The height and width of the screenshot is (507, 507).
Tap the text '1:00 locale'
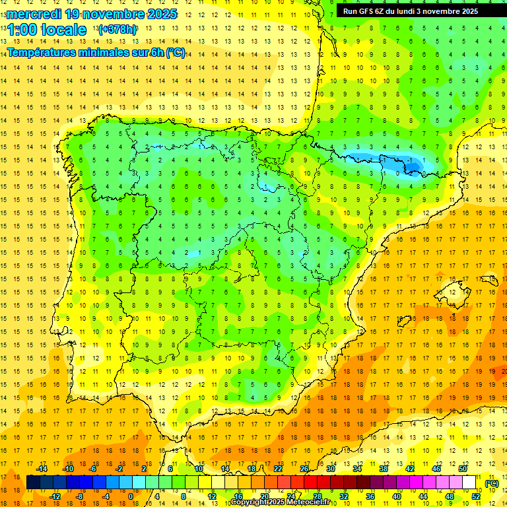(47, 30)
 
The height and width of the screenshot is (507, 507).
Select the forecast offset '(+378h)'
(118, 30)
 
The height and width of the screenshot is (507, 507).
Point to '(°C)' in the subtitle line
(176, 52)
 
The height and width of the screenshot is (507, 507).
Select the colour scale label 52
(476, 496)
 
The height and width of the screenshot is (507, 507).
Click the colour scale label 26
(304, 468)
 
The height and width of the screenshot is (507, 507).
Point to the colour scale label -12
(55, 496)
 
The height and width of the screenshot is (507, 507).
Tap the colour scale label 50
(463, 468)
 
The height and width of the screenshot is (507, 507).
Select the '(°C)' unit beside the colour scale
(491, 484)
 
